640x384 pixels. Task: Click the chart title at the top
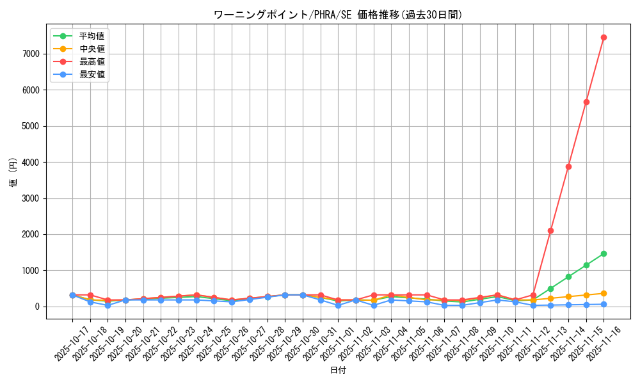pos(337,15)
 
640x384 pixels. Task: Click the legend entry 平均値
pos(92,36)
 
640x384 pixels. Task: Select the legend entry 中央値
pos(92,49)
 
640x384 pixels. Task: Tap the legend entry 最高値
pos(92,61)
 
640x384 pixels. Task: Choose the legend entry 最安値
pos(92,74)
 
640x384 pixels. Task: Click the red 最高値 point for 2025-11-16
pos(604,37)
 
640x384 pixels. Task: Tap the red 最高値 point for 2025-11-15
pos(586,102)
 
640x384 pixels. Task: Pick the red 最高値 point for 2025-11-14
pos(568,166)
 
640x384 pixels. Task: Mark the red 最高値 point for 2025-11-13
pos(550,230)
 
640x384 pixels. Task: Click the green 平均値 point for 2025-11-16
pos(604,253)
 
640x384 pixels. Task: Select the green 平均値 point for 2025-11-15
pos(586,265)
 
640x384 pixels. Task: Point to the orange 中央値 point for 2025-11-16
pos(604,293)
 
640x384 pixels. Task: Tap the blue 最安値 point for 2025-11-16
pos(604,304)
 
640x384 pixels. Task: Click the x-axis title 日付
pos(337,371)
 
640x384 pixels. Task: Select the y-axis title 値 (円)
pos(13,173)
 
